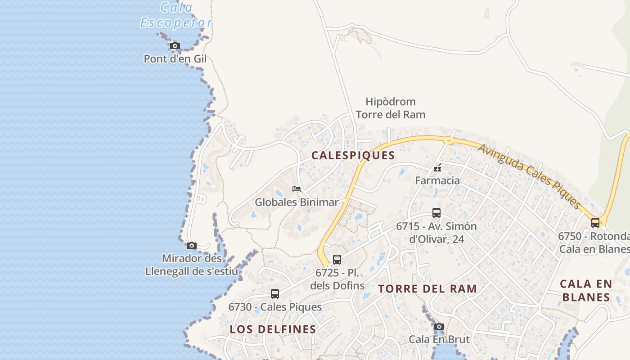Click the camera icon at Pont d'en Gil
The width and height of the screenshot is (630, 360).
pyautogui.click(x=175, y=45)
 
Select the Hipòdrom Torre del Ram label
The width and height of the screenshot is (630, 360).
pyautogui.click(x=391, y=108)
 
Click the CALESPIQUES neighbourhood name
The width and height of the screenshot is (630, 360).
pyautogui.click(x=353, y=156)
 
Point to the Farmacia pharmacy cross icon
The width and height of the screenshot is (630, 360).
pyautogui.click(x=437, y=168)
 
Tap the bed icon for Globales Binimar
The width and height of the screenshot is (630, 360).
pyautogui.click(x=296, y=189)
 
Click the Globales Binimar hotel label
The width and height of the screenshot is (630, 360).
pyautogui.click(x=297, y=202)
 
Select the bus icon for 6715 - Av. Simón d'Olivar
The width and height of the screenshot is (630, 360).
pyautogui.click(x=436, y=213)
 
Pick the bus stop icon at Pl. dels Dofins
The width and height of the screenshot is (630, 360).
pyautogui.click(x=337, y=259)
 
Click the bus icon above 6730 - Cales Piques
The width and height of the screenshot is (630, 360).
pyautogui.click(x=275, y=293)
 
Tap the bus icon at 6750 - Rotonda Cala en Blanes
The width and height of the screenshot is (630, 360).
pyautogui.click(x=595, y=222)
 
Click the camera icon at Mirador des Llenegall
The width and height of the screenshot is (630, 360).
pyautogui.click(x=192, y=245)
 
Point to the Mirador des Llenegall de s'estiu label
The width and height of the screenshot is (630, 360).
pyautogui.click(x=192, y=265)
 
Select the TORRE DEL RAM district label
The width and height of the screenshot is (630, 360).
pyautogui.click(x=427, y=289)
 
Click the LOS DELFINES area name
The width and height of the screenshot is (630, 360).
pyautogui.click(x=273, y=329)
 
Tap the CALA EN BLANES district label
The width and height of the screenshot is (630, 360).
pyautogui.click(x=586, y=291)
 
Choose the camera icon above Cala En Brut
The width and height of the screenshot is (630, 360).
pyautogui.click(x=439, y=326)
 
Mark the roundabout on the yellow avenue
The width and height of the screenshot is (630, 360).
pyautogui.click(x=448, y=140)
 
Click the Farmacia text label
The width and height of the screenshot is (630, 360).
pyautogui.click(x=437, y=181)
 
